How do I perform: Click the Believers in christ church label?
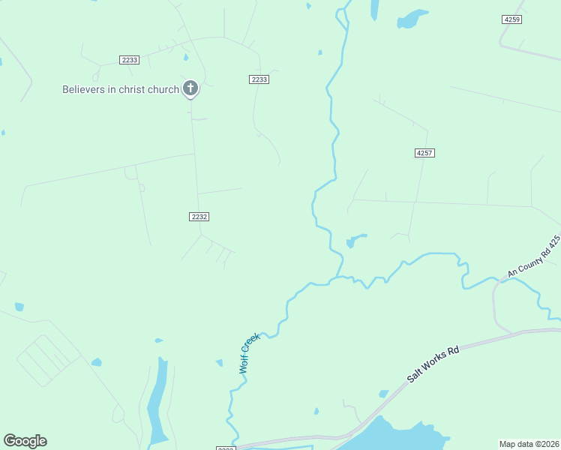(120, 90)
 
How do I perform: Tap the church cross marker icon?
(190, 88)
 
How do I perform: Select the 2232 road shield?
(199, 216)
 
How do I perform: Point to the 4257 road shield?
(424, 153)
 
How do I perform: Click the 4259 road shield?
(512, 19)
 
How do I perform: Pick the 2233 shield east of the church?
(259, 79)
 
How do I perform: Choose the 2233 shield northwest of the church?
(129, 60)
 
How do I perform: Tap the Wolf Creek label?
(249, 354)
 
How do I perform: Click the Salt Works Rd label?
(433, 364)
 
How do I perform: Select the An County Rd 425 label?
(534, 256)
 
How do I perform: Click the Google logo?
(25, 441)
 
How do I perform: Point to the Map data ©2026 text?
(529, 444)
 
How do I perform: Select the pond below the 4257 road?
(353, 241)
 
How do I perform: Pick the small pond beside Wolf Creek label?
(219, 363)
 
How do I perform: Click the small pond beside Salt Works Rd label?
(384, 394)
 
